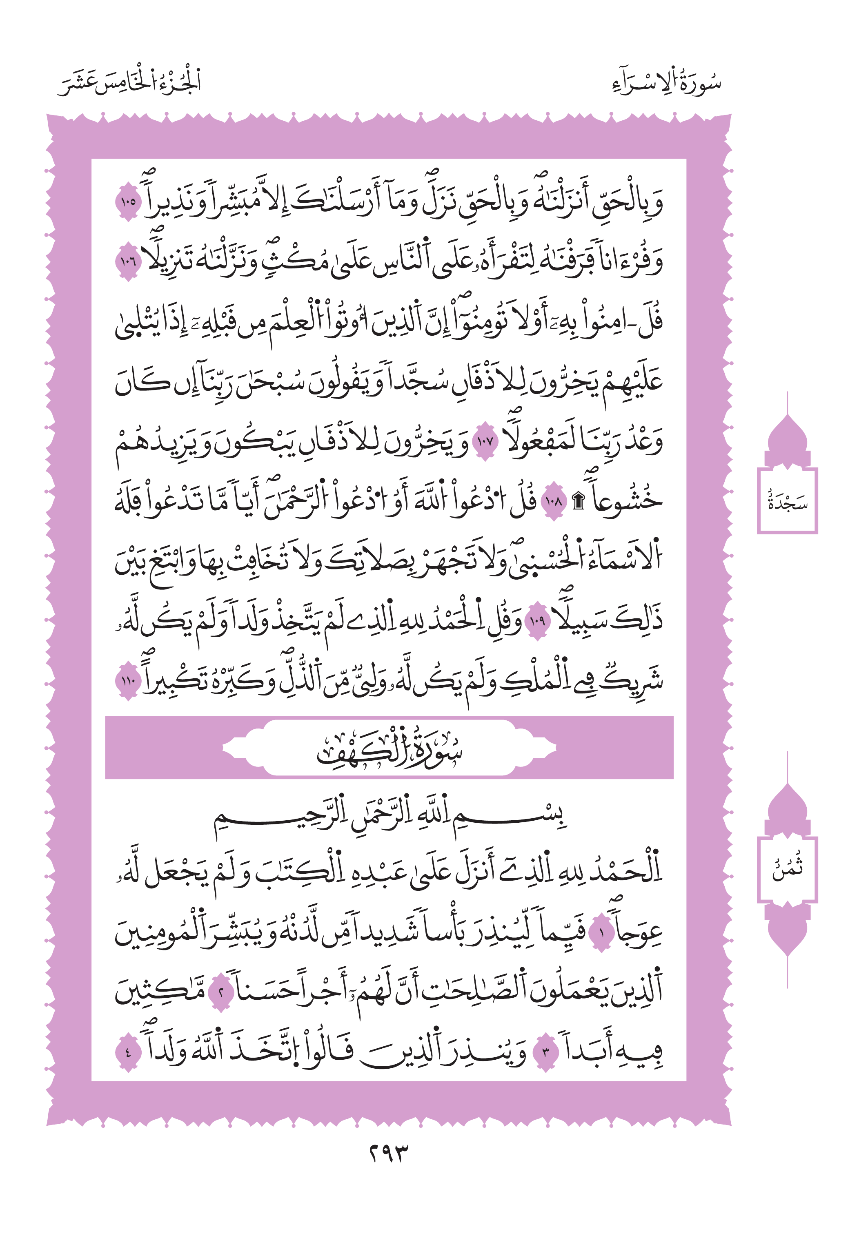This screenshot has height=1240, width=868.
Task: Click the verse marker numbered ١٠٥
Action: (x=128, y=202)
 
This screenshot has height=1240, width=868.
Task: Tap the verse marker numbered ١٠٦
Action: (x=128, y=261)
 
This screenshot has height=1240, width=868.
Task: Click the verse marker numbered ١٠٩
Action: (x=537, y=621)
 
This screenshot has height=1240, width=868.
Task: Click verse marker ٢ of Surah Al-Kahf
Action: (x=220, y=992)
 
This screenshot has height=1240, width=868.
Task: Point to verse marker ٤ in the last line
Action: (x=128, y=1052)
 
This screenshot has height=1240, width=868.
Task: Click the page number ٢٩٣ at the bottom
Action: (x=389, y=1154)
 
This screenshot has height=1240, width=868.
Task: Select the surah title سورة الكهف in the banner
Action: (x=389, y=748)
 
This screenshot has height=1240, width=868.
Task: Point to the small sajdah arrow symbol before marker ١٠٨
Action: (x=578, y=502)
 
